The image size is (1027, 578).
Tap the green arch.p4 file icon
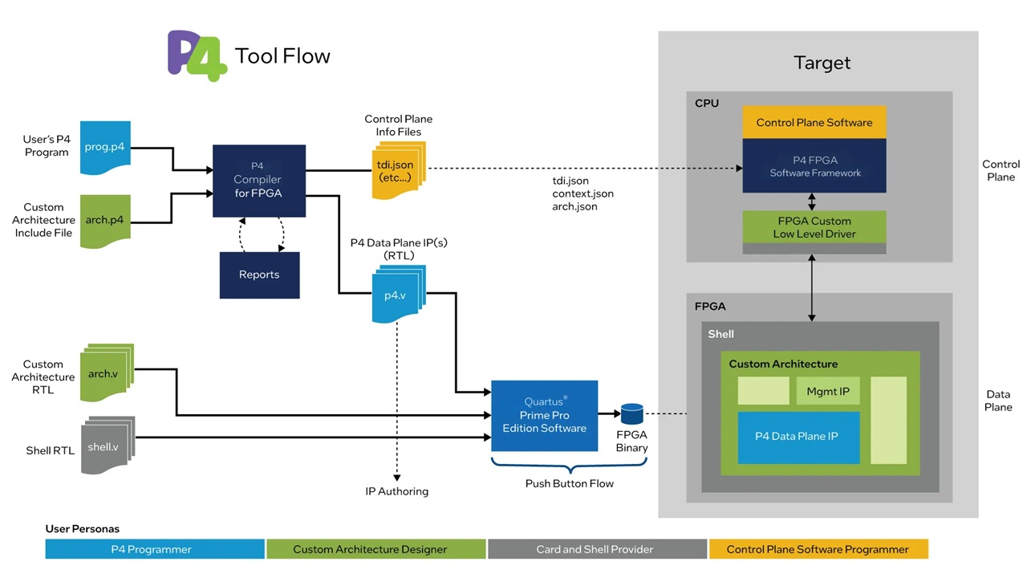[105, 220]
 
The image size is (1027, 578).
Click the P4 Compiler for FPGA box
[258, 181]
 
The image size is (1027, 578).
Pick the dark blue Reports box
[259, 275]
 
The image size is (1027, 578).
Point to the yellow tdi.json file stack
[398, 170]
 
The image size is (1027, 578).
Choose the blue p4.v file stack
[397, 295]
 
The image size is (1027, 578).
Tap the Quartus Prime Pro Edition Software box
[544, 415]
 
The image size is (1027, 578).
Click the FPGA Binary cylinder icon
[632, 414]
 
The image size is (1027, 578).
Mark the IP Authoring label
[396, 491]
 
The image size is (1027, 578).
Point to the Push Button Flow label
[569, 483]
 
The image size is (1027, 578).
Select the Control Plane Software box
[814, 123]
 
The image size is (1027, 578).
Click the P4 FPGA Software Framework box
[814, 166]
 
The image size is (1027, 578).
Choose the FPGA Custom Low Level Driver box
[814, 228]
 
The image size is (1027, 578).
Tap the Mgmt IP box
[827, 392]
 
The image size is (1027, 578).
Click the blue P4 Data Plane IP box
[798, 437]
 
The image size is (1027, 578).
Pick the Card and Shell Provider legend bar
[595, 549]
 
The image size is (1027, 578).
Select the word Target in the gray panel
[821, 63]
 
